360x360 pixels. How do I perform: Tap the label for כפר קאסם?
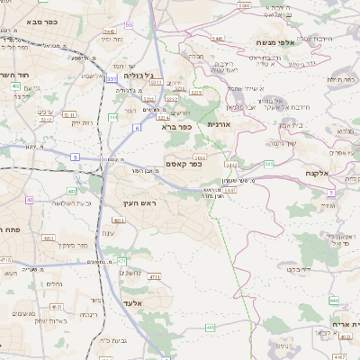[x=184, y=163]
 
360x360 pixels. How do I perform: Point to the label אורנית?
[x=220, y=123]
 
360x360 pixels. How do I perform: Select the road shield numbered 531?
[x=112, y=79]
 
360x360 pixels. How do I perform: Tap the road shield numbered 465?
[x=210, y=328]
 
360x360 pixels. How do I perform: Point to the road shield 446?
[x=333, y=300]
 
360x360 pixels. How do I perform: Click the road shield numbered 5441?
[x=218, y=39]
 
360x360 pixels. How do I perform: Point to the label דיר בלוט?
[x=299, y=268]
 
